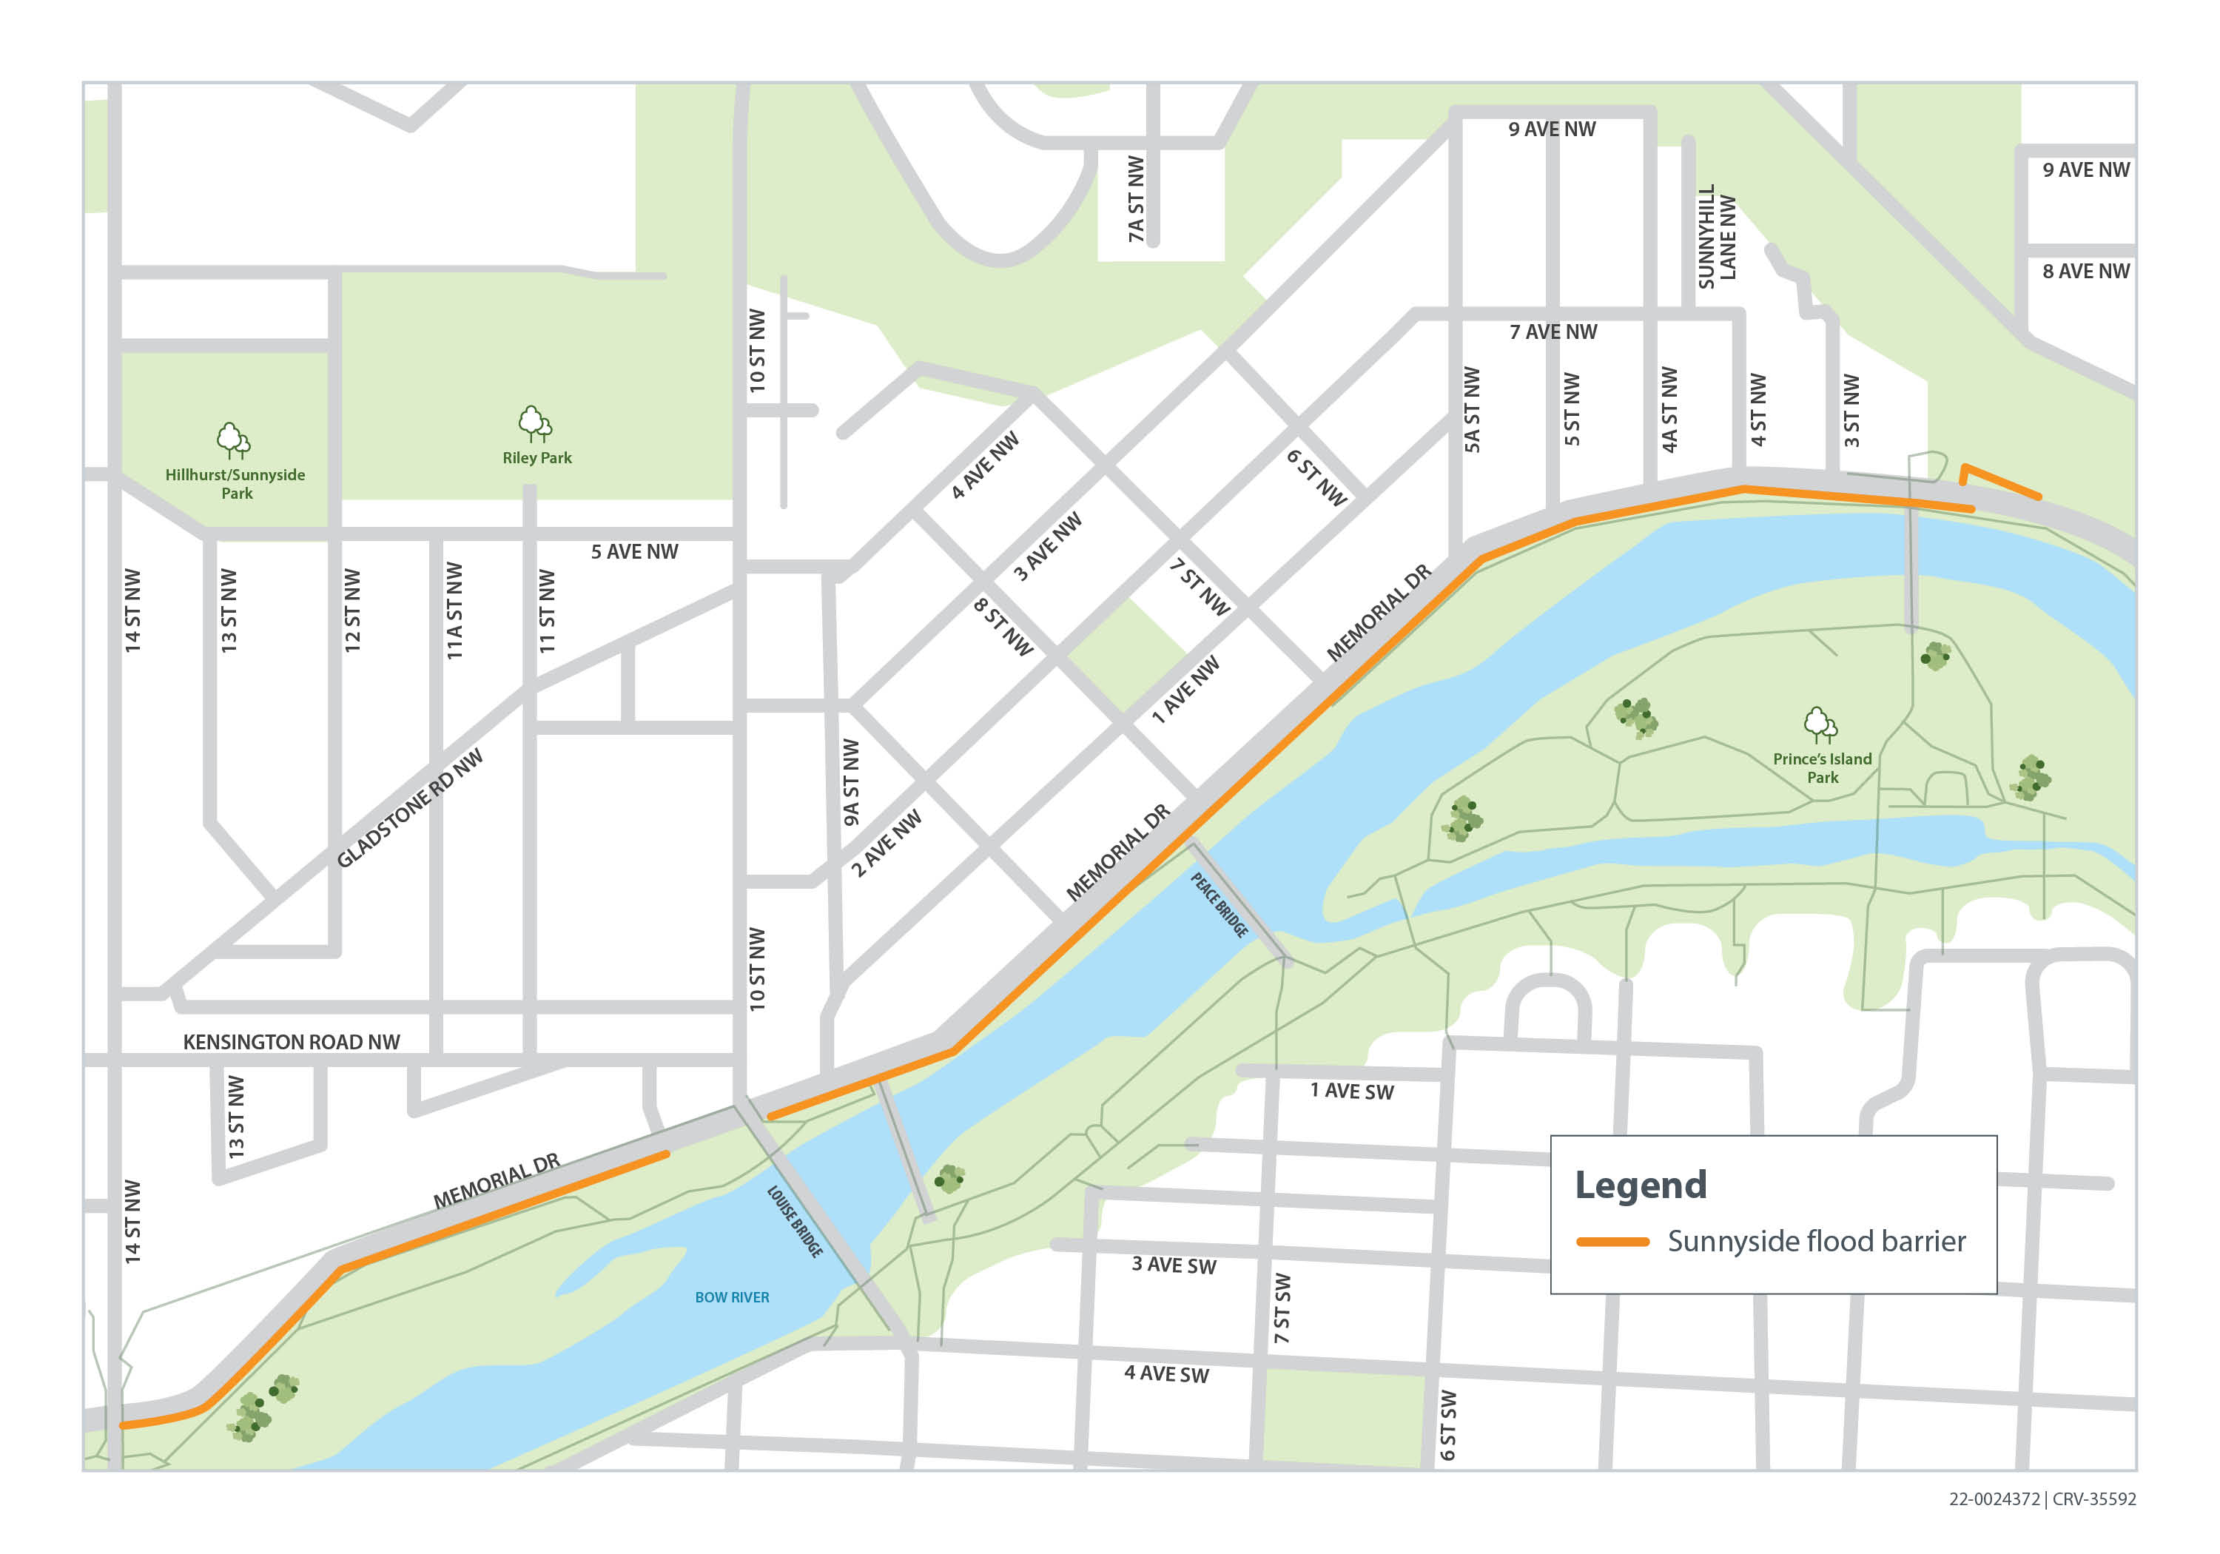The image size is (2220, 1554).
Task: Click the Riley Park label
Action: click(536, 458)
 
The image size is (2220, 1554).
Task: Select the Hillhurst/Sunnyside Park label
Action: click(235, 483)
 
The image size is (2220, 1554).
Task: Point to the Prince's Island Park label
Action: click(1822, 768)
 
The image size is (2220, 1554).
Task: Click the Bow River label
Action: click(732, 1298)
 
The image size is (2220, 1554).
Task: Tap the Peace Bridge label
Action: click(1220, 904)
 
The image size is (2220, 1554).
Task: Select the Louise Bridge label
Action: click(795, 1221)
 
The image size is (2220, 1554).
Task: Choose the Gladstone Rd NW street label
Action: click(409, 808)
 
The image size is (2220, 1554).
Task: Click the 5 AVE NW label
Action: click(634, 552)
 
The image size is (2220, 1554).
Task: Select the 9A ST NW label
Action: click(851, 782)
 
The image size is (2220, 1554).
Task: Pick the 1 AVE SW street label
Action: click(1352, 1091)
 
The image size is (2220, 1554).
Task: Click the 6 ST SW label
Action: click(1447, 1425)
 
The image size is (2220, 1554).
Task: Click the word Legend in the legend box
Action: click(1641, 1185)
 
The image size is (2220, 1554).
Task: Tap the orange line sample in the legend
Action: click(1612, 1242)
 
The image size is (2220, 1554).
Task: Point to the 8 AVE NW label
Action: click(2085, 272)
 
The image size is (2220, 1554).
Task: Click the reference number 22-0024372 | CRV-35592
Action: click(2042, 1499)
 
